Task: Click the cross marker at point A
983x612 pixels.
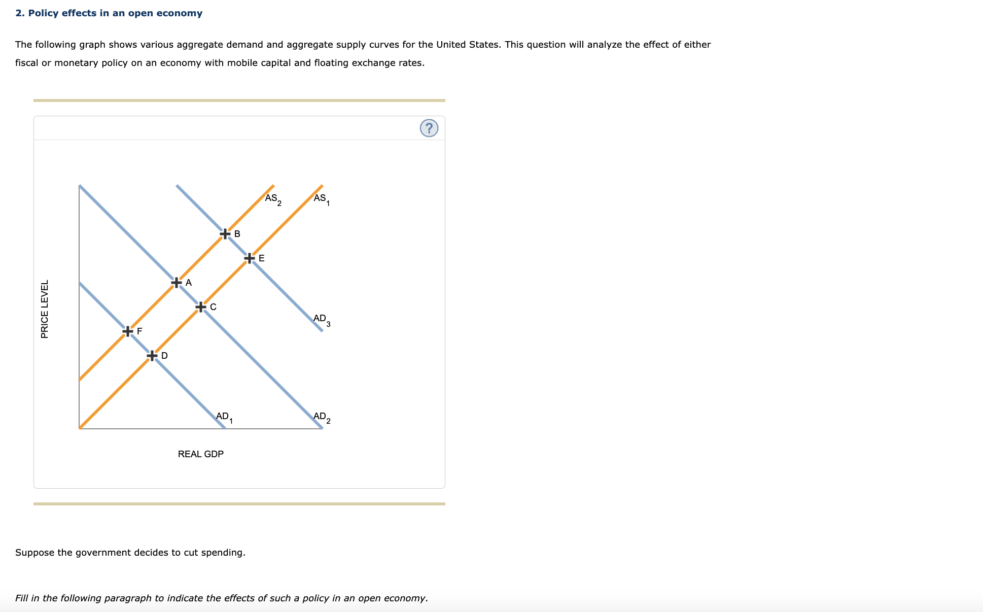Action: click(x=177, y=282)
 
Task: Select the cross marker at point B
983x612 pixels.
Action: click(x=225, y=234)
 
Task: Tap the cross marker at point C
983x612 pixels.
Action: click(x=201, y=307)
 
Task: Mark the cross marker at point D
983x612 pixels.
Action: click(x=152, y=356)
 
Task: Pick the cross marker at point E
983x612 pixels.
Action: click(x=250, y=258)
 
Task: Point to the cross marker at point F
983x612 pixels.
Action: click(x=128, y=331)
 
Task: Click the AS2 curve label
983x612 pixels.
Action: click(x=273, y=199)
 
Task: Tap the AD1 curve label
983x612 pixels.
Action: click(x=224, y=417)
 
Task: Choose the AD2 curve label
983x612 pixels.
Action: click(x=322, y=417)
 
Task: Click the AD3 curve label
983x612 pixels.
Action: click(x=322, y=319)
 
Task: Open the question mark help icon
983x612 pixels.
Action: click(x=429, y=128)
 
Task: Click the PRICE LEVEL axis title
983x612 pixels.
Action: click(x=45, y=309)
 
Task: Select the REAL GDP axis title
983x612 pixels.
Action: click(x=200, y=454)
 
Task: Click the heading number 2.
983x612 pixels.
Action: click(x=19, y=13)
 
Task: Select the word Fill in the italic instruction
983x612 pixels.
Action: click(x=21, y=598)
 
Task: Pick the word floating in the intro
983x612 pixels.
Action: click(x=331, y=63)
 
